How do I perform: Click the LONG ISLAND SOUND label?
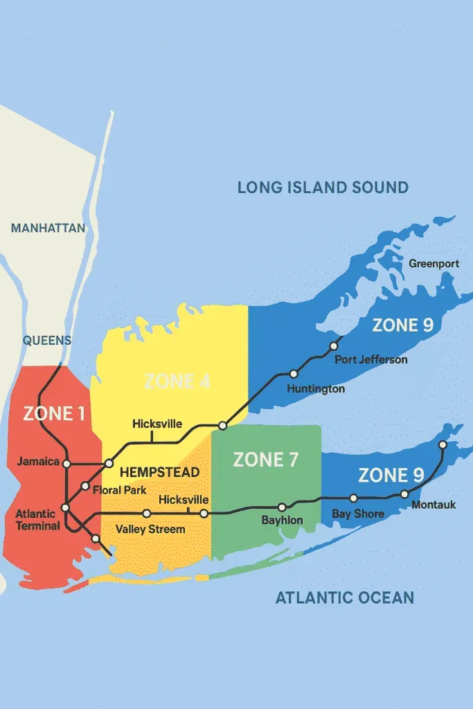(x=323, y=187)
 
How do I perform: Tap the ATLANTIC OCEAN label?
(x=345, y=597)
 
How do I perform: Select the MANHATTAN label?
(x=48, y=228)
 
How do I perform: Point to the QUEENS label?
(x=47, y=340)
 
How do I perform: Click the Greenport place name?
(x=434, y=264)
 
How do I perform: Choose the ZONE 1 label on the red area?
(x=54, y=413)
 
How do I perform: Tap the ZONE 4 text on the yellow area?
(x=177, y=381)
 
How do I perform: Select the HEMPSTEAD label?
(x=160, y=472)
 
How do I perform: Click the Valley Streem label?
(x=150, y=530)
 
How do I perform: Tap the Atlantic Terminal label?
(x=37, y=520)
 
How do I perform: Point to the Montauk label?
(x=434, y=505)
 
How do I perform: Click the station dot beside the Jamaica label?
(x=67, y=463)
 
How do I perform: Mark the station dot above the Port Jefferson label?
(x=333, y=345)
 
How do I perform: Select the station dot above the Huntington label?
(x=294, y=374)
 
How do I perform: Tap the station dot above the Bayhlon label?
(x=282, y=508)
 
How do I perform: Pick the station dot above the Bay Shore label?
(x=353, y=498)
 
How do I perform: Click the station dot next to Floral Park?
(x=85, y=485)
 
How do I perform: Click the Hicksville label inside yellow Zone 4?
(x=157, y=423)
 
